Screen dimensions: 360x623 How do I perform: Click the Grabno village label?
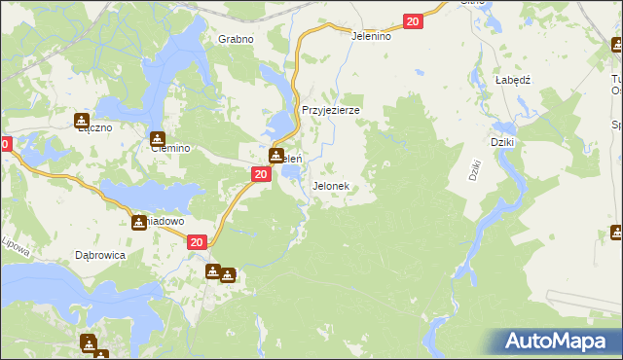point(236,39)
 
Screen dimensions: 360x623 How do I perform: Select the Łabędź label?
point(511,81)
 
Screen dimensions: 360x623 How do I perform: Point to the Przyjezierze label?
point(331,111)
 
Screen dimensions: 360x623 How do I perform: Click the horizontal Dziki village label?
point(502,142)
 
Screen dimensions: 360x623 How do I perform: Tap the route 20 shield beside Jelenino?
point(413,21)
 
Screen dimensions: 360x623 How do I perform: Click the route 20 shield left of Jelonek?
point(260,174)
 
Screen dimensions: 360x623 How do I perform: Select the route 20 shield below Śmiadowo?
point(197,243)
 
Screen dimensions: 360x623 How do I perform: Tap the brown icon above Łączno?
point(81,121)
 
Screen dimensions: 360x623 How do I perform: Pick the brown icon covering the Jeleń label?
point(276,156)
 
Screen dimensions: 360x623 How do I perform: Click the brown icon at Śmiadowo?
point(139,223)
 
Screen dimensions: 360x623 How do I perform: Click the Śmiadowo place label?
point(164,222)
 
